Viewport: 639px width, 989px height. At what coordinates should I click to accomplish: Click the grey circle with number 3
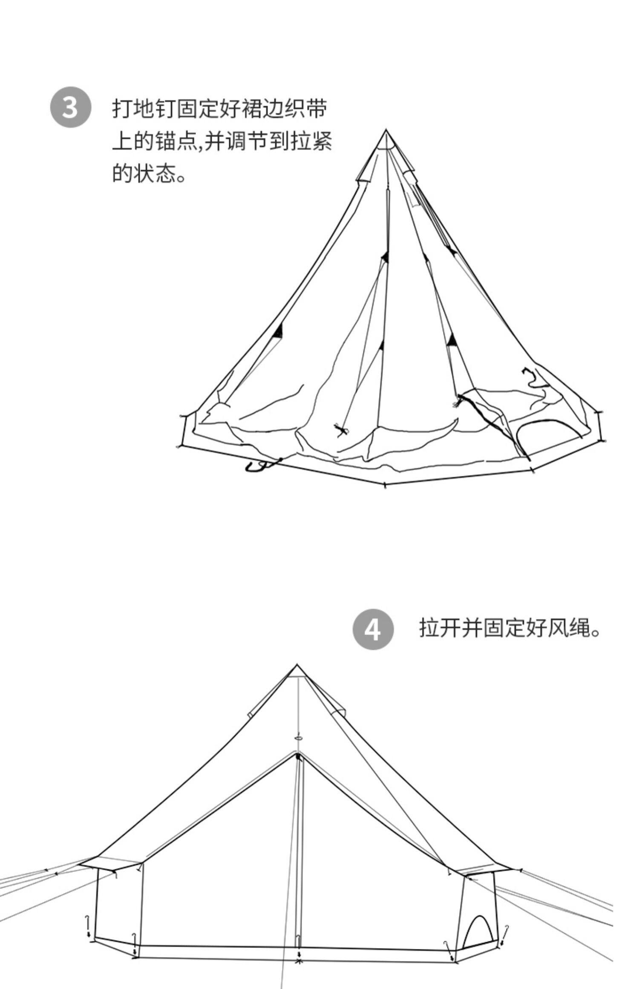71,107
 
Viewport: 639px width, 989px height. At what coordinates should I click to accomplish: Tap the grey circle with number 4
373,630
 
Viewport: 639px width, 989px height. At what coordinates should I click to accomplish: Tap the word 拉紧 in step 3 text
311,141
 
